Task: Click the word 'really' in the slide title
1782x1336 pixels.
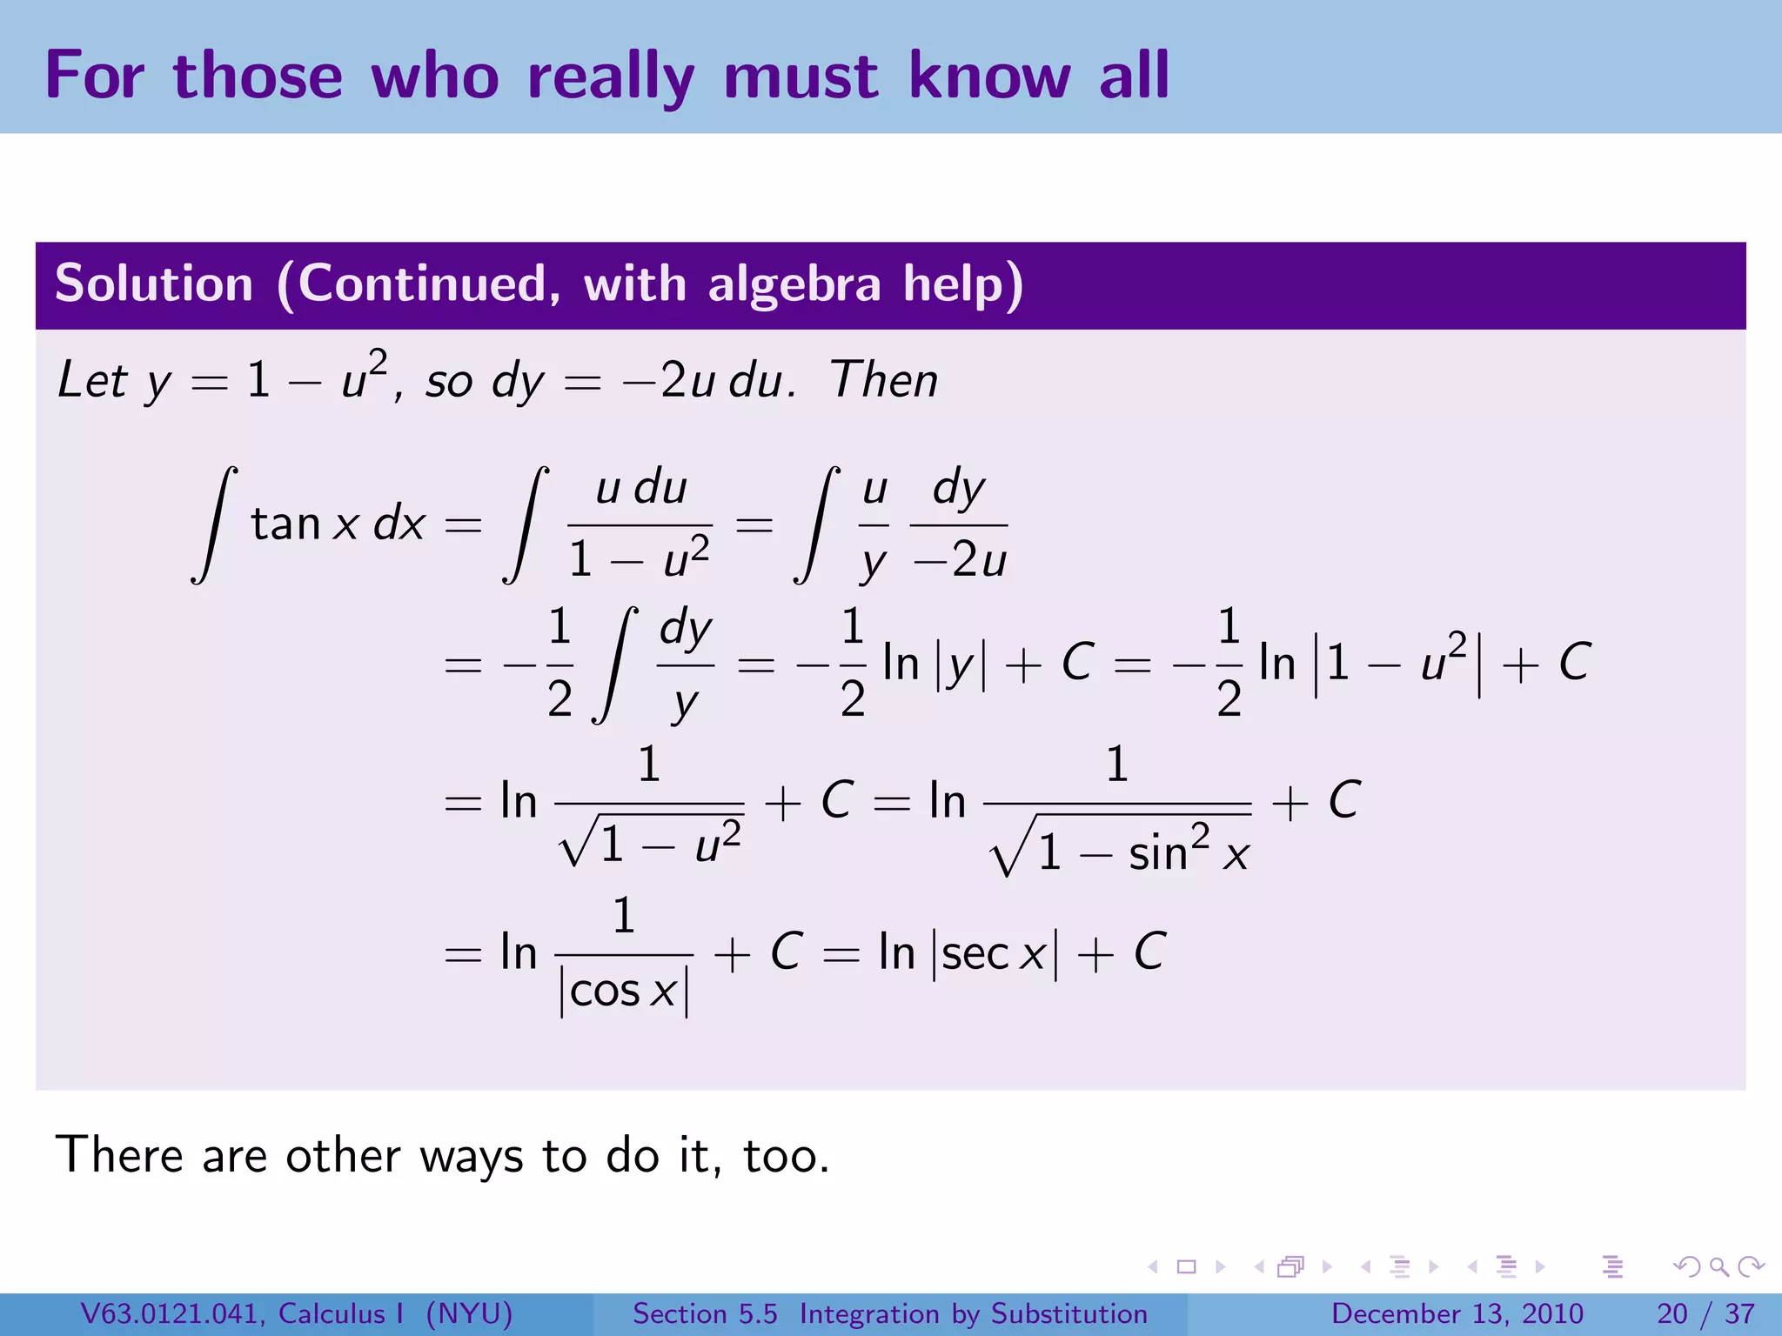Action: point(610,77)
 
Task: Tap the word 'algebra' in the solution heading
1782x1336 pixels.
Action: point(794,284)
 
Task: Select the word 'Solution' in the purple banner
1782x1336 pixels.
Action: point(154,284)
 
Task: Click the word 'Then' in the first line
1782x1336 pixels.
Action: point(884,380)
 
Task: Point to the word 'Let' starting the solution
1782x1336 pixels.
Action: point(92,380)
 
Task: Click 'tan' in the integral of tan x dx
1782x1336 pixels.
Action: point(286,524)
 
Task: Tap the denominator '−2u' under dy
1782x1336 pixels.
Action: point(960,560)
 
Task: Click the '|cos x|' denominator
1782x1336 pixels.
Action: point(624,992)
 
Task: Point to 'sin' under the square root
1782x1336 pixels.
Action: point(1158,852)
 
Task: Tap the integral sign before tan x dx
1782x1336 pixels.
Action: point(214,524)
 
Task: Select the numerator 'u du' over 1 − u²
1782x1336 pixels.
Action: point(641,488)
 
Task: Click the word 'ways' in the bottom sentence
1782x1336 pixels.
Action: point(471,1156)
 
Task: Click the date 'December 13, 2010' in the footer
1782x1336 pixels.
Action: point(1457,1313)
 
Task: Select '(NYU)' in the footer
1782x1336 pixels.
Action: point(469,1313)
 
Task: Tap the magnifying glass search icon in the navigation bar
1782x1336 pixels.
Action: point(1718,1267)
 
